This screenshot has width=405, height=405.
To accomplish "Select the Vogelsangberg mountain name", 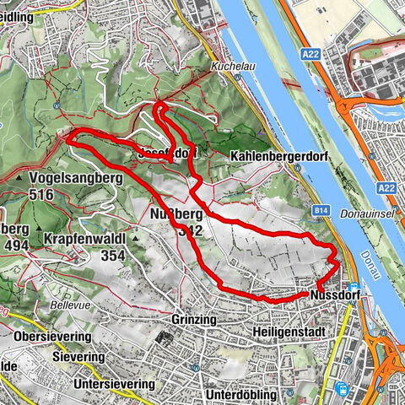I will click(x=68, y=179).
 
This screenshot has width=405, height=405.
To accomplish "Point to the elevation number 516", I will click(x=40, y=195).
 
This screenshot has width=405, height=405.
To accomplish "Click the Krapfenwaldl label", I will click(x=85, y=239).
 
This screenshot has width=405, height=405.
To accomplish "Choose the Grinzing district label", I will click(x=194, y=321).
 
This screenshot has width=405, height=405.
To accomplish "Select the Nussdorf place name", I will click(x=336, y=297).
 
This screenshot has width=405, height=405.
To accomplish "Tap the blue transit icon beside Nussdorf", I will click(x=351, y=288).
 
